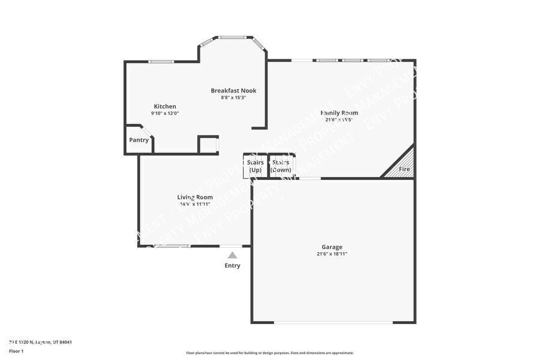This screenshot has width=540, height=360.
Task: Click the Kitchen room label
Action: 164,106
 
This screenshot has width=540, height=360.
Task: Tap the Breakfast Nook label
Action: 233,91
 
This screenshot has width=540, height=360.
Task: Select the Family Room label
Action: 339,112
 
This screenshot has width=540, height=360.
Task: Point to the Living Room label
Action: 194,197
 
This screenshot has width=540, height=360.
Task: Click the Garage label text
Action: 332,247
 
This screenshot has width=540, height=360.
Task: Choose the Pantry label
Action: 139,140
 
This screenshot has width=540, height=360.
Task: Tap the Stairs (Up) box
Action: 255,166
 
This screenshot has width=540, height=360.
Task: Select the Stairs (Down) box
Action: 281,166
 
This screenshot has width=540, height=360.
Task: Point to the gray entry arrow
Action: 232,255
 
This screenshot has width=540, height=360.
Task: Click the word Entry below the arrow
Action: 232,266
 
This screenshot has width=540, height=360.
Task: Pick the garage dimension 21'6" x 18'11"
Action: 332,254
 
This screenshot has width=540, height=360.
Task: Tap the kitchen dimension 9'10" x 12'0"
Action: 164,113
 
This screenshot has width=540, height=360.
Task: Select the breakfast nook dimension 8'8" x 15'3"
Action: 233,97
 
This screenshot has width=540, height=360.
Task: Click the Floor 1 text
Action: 16,350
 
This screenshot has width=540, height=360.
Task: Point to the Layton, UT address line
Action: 40,342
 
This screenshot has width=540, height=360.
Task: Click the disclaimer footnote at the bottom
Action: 269,353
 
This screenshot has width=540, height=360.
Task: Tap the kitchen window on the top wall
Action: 161,61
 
